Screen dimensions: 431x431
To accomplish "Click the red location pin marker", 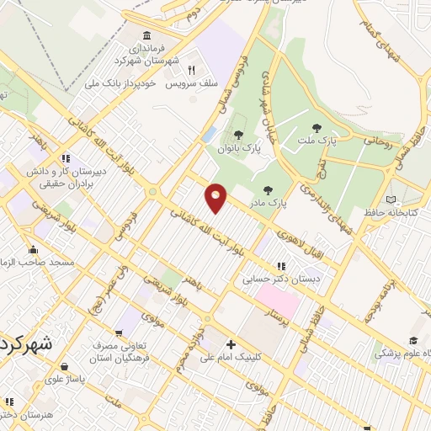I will coord(216,198).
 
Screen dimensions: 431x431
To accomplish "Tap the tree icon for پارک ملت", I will coord(317,128).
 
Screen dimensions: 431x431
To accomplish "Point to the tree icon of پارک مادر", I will coord(268,190).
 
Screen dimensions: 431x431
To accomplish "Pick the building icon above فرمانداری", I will coord(147,35).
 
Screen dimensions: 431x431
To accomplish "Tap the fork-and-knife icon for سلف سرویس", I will coord(191,71).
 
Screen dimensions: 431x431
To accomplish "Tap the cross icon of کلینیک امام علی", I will coord(231,345).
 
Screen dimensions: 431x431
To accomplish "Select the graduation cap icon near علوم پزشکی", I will coord(412,341).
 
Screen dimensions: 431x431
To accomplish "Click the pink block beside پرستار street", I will coord(278,298).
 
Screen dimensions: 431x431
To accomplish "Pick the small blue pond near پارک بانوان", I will coord(209,135).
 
